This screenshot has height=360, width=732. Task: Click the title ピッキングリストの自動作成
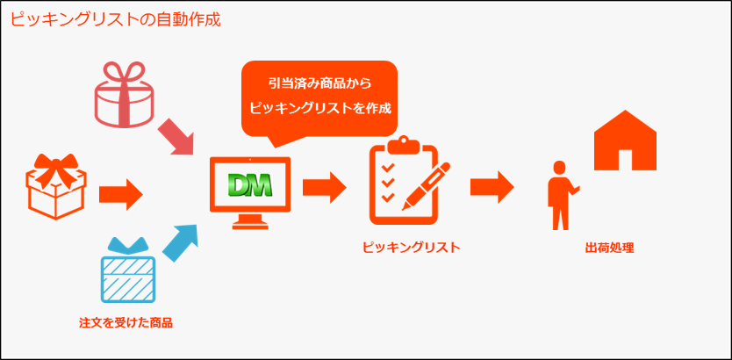click(x=115, y=18)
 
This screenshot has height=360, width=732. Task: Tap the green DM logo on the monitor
click(x=249, y=184)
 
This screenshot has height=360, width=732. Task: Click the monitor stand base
click(x=250, y=223)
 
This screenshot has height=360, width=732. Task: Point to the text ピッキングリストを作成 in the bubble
click(x=319, y=110)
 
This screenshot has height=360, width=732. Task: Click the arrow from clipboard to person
click(x=492, y=186)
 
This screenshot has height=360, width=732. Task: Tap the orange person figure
click(x=557, y=195)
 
